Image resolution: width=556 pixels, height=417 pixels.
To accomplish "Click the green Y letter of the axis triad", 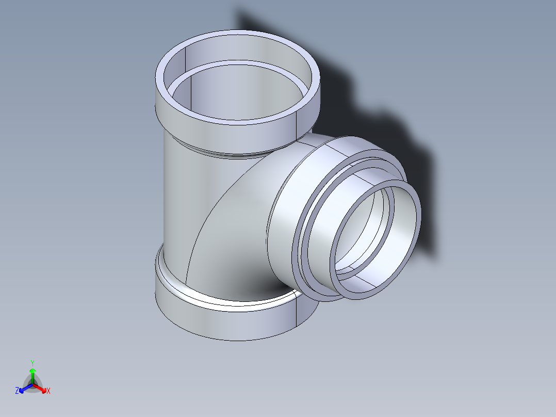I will point(32,363).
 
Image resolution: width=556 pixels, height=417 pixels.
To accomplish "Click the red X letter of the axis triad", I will point(48,391).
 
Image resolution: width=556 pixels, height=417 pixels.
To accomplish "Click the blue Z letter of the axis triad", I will point(17,391).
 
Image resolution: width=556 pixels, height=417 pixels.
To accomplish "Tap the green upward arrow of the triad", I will point(32,372).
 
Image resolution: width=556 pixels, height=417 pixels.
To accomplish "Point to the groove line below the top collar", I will point(227,153).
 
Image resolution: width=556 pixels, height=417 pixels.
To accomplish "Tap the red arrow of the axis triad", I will point(41,387).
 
